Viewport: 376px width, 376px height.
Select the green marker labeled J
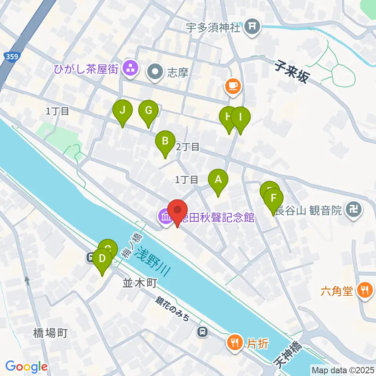click(x=123, y=111)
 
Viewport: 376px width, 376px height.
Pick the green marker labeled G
click(x=148, y=111)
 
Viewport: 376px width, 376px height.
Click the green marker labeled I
click(x=240, y=117)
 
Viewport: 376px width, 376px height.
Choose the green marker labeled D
click(x=102, y=259)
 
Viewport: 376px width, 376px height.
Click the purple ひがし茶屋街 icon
click(x=130, y=69)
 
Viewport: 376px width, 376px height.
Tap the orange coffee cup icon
click(x=233, y=85)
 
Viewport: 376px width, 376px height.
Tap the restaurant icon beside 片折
click(x=235, y=343)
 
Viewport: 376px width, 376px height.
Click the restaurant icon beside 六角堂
click(x=365, y=291)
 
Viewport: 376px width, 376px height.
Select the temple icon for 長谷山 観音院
click(x=354, y=210)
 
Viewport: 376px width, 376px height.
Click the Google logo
click(x=26, y=367)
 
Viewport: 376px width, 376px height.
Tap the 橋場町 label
click(x=52, y=333)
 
